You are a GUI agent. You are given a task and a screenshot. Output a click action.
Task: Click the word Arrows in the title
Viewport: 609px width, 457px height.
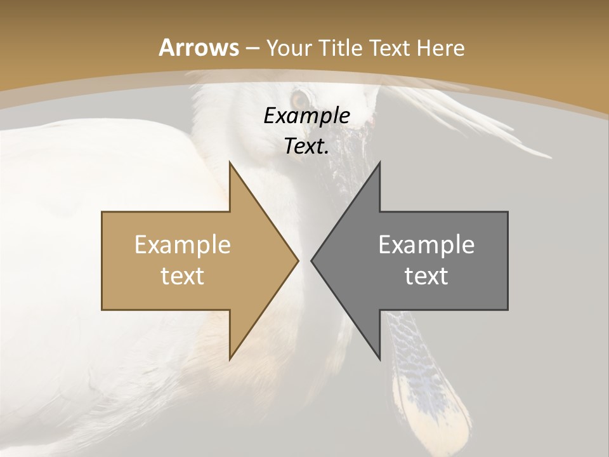click(x=199, y=48)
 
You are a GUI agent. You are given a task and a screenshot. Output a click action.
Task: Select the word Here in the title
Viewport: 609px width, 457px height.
click(x=442, y=48)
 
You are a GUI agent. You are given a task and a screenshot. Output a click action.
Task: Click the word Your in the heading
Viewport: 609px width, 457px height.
click(x=289, y=48)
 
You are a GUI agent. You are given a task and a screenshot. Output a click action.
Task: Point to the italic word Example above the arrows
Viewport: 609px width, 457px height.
click(x=306, y=116)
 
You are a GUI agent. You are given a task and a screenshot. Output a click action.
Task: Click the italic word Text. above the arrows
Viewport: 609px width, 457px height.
click(x=306, y=147)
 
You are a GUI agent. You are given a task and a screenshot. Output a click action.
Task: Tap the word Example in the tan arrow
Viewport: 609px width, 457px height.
click(x=183, y=245)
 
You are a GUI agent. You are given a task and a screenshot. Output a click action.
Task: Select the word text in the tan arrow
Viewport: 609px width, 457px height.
click(x=183, y=275)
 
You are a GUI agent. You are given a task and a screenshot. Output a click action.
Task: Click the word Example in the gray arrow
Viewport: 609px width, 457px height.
click(x=426, y=245)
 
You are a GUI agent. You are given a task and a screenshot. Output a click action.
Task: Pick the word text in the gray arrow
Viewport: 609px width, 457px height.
click(x=426, y=275)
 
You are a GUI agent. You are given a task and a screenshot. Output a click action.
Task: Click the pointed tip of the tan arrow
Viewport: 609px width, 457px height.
click(x=297, y=260)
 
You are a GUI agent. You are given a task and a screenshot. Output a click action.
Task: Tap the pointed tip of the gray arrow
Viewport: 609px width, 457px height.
click(x=312, y=260)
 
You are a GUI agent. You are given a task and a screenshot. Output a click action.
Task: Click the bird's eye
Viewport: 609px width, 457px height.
click(x=299, y=100)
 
